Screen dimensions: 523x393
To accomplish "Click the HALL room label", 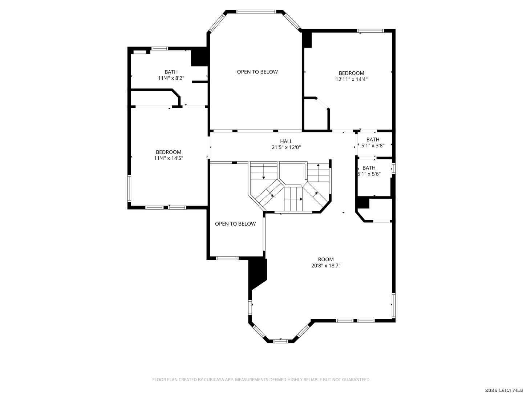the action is (x=286, y=141).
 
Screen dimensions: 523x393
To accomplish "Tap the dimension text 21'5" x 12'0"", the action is (x=286, y=147).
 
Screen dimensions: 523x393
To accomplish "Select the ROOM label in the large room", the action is (x=326, y=259).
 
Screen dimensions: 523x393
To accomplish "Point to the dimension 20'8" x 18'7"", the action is (x=326, y=266).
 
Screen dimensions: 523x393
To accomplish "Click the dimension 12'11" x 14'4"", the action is (x=352, y=79).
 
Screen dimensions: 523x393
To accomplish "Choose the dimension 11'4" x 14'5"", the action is (x=169, y=158).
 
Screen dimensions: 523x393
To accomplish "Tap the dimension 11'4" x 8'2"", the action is (x=171, y=78).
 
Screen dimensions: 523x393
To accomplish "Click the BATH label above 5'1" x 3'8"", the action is (x=373, y=139).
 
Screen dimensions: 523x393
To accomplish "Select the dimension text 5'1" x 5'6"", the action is (x=369, y=174).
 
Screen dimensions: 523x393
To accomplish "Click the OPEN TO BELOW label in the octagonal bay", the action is (x=258, y=72).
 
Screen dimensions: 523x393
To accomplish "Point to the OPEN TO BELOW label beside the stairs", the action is (x=235, y=224).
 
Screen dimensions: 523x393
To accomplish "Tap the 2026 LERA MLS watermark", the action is (x=503, y=390).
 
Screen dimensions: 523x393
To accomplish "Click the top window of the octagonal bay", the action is (x=256, y=11).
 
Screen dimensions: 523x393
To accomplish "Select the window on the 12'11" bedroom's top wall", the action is (x=370, y=31).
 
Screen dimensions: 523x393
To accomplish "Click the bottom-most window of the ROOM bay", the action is (x=280, y=341).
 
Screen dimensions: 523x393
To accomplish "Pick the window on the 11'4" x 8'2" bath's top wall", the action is (x=160, y=48).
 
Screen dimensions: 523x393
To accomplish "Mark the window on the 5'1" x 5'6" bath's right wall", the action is (x=394, y=168).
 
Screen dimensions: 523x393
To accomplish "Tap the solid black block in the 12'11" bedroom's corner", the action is (x=307, y=40).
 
